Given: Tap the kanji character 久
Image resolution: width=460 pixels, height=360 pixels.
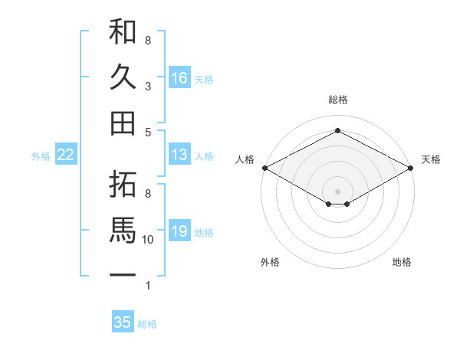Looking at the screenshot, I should click(123, 77).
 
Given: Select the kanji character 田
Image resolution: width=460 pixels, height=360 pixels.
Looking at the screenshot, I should click(123, 122).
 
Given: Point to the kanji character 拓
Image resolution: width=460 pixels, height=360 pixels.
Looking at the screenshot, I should click(123, 185).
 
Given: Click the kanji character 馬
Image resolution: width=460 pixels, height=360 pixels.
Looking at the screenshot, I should click(123, 230).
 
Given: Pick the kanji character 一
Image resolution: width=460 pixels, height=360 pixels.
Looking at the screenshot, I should click(123, 273).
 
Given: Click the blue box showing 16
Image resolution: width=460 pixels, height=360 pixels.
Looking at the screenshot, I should click(179, 78).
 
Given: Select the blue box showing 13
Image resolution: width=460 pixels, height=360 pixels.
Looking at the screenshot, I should click(179, 155).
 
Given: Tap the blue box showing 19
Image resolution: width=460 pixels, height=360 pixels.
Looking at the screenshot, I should click(179, 231).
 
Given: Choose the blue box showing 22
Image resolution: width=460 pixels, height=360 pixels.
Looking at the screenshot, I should click(66, 155).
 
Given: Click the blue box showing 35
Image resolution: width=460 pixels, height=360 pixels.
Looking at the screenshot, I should click(123, 322).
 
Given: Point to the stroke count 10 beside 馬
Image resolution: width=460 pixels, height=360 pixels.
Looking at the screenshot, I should click(148, 240).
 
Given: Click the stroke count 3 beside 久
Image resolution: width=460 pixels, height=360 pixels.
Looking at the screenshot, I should click(147, 87).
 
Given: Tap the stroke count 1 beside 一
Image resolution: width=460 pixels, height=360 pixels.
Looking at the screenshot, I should click(147, 286).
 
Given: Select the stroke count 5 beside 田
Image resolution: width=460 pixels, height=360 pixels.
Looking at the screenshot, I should click(147, 132).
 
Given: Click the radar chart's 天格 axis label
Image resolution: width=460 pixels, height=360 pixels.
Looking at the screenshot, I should click(431, 159).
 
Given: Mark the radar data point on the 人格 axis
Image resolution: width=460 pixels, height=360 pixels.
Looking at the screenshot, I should click(264, 168).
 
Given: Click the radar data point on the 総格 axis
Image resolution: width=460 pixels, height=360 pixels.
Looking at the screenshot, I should click(337, 131).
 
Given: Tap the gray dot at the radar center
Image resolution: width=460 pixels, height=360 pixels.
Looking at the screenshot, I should click(337, 190).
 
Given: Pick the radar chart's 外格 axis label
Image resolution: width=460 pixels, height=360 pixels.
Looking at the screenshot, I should click(270, 262).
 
